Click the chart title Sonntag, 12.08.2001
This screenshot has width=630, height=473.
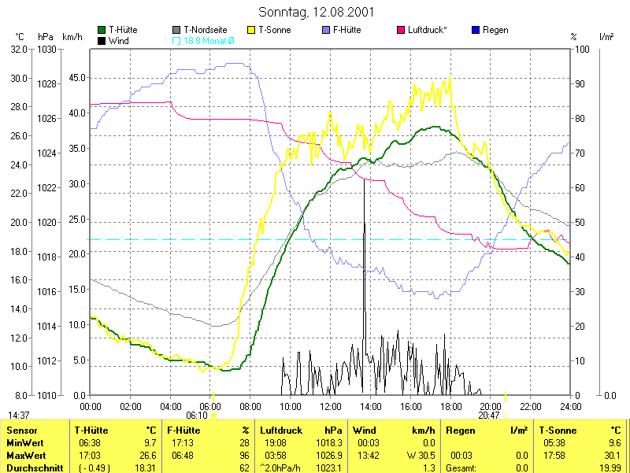(x=316, y=13)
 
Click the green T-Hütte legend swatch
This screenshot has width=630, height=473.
(x=102, y=30)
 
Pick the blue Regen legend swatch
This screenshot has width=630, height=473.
(x=475, y=30)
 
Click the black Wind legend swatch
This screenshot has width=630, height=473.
(x=102, y=39)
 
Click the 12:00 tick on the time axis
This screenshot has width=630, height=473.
(x=331, y=406)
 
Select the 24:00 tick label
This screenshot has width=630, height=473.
(x=570, y=406)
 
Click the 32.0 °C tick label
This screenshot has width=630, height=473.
(x=18, y=49)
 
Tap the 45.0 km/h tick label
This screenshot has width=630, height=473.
(x=77, y=78)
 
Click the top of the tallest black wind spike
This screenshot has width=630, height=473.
(x=364, y=180)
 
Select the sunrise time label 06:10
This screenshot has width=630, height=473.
(x=196, y=415)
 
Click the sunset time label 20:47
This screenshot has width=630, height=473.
(x=488, y=415)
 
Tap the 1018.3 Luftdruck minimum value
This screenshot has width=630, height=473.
(x=331, y=443)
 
